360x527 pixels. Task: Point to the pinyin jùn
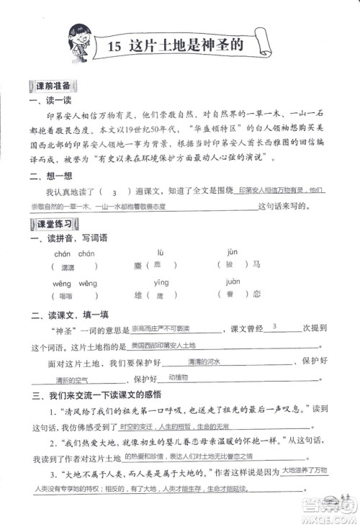(232, 253)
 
